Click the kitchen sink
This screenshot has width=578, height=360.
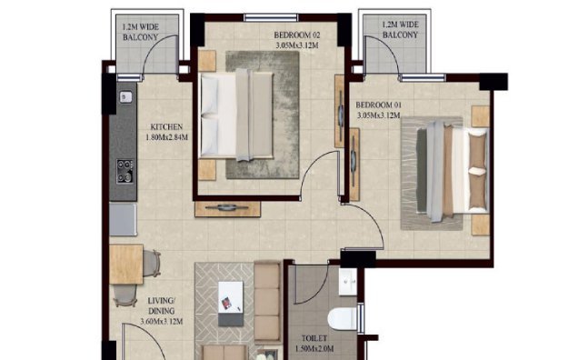(x=125, y=96)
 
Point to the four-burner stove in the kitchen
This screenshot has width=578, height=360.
(x=125, y=170)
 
